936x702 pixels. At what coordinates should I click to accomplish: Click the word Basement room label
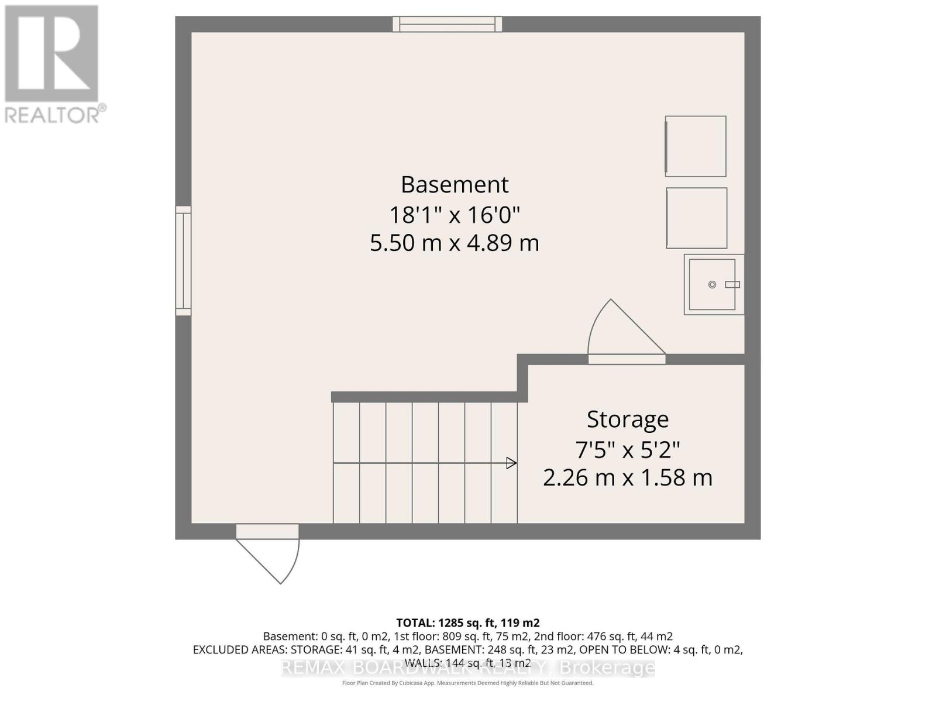[455, 185]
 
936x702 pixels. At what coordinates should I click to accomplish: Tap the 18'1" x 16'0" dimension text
[455, 215]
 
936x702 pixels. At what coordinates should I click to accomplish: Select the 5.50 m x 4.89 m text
[455, 243]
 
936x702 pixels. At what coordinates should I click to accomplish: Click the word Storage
[628, 419]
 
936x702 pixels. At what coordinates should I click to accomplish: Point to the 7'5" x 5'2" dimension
[628, 450]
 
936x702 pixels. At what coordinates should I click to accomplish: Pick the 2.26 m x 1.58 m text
[628, 478]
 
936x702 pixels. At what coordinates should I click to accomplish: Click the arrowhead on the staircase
[512, 463]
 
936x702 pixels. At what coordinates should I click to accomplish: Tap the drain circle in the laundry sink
[712, 285]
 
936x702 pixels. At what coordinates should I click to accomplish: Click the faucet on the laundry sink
[732, 285]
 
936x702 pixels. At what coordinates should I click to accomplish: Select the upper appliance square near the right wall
[696, 146]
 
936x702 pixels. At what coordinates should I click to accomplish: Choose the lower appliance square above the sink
[696, 218]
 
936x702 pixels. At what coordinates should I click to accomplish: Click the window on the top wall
[448, 24]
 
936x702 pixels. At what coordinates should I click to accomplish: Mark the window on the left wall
[183, 261]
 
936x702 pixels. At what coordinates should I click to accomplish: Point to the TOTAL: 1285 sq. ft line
[467, 622]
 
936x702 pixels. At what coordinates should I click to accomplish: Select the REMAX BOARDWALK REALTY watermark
[467, 667]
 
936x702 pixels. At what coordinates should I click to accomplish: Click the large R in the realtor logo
[51, 53]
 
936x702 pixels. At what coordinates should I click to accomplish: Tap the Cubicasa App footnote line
[467, 683]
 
